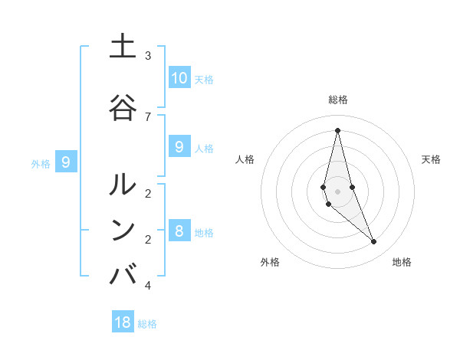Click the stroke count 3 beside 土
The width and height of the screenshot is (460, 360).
[x=148, y=56]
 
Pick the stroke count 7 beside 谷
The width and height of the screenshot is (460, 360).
[x=148, y=116]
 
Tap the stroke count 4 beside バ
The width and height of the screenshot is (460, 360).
[x=148, y=286]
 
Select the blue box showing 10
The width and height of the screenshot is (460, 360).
[x=179, y=78]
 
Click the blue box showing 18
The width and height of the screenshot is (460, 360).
[x=123, y=322]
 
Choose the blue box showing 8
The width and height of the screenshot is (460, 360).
[x=179, y=231]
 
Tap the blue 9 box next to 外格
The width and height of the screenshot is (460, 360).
[x=67, y=162]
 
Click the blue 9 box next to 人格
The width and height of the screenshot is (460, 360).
[x=179, y=147]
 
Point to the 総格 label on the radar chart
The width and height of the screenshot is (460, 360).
[x=337, y=100]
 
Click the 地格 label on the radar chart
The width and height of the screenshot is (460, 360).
[x=402, y=262]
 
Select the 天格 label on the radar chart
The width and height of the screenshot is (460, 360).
[x=431, y=159]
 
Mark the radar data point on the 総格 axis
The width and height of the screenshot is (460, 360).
[x=337, y=130]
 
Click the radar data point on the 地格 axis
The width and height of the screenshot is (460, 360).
[x=373, y=242]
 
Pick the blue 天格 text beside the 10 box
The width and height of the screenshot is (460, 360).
[x=203, y=80]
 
